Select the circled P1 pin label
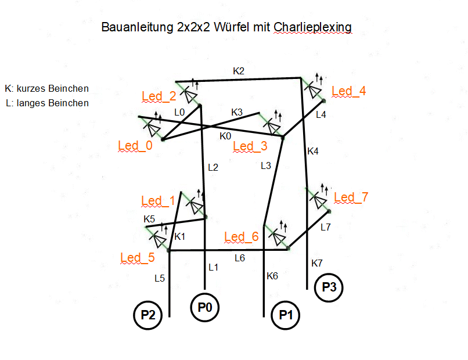click(285, 316)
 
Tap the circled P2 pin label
click(147, 316)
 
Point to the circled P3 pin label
click(329, 287)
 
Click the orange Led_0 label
click(135, 146)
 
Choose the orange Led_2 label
click(159, 96)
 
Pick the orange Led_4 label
click(348, 91)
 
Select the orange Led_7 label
click(351, 197)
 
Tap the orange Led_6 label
click(241, 236)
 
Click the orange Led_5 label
click(138, 257)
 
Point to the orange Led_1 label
click(158, 201)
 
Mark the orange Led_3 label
click(250, 146)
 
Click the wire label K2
click(239, 71)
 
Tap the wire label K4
click(313, 151)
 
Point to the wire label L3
click(266, 165)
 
